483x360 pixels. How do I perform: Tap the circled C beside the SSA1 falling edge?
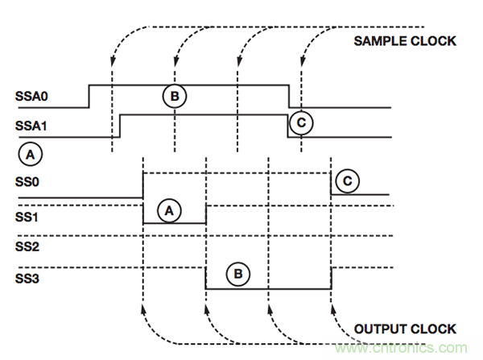click(300, 122)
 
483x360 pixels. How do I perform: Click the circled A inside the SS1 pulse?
click(168, 211)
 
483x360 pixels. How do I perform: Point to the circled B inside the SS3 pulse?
click(238, 274)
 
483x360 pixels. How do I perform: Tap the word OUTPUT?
click(380, 329)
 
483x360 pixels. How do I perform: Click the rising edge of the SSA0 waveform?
click(89, 95)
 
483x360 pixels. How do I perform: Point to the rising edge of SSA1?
click(119, 126)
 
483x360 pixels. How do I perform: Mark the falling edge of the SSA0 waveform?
click(289, 95)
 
